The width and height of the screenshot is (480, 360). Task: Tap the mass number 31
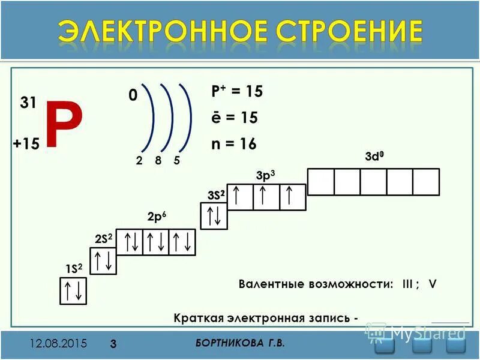click(x=28, y=103)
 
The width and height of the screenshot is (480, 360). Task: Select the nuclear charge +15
click(x=26, y=144)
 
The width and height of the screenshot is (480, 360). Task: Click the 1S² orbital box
click(x=74, y=290)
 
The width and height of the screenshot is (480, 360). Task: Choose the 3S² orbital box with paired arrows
click(x=213, y=216)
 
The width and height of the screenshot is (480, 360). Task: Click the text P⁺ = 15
click(x=236, y=92)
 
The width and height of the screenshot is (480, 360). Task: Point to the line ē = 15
click(x=234, y=118)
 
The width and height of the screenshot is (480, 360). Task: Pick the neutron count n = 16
click(x=233, y=144)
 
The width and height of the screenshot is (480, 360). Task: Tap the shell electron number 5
click(x=176, y=161)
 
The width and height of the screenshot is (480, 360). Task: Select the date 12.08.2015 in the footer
click(x=59, y=344)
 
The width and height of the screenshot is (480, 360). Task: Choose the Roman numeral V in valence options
click(x=432, y=284)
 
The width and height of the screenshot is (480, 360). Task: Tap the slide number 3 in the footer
click(x=113, y=344)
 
